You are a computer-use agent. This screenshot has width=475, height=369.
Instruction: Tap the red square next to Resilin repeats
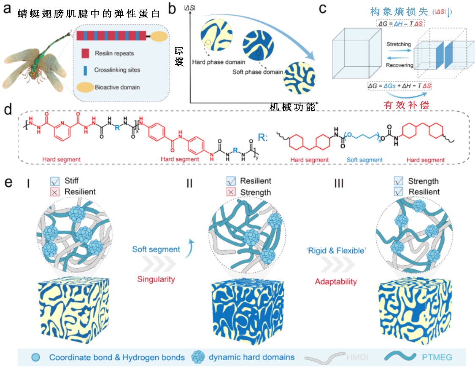(x=86, y=53)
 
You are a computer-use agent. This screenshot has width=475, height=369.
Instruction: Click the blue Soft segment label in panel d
(x=365, y=160)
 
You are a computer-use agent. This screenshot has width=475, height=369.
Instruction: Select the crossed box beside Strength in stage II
(x=231, y=192)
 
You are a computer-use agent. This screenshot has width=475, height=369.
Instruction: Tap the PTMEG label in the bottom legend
(x=437, y=357)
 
